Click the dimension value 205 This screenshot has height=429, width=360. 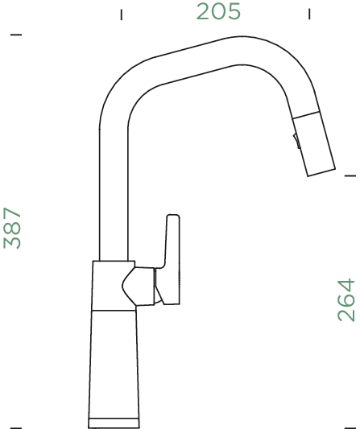point(218,13)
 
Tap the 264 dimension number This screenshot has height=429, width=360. point(346,299)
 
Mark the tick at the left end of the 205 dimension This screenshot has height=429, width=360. point(121,14)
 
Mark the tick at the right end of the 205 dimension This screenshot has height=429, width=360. point(310,14)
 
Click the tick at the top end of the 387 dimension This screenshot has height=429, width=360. point(17,35)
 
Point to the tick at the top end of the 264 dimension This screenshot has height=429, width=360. point(350,175)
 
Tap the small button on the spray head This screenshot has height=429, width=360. point(296,142)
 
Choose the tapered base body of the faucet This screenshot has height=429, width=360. point(113,362)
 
